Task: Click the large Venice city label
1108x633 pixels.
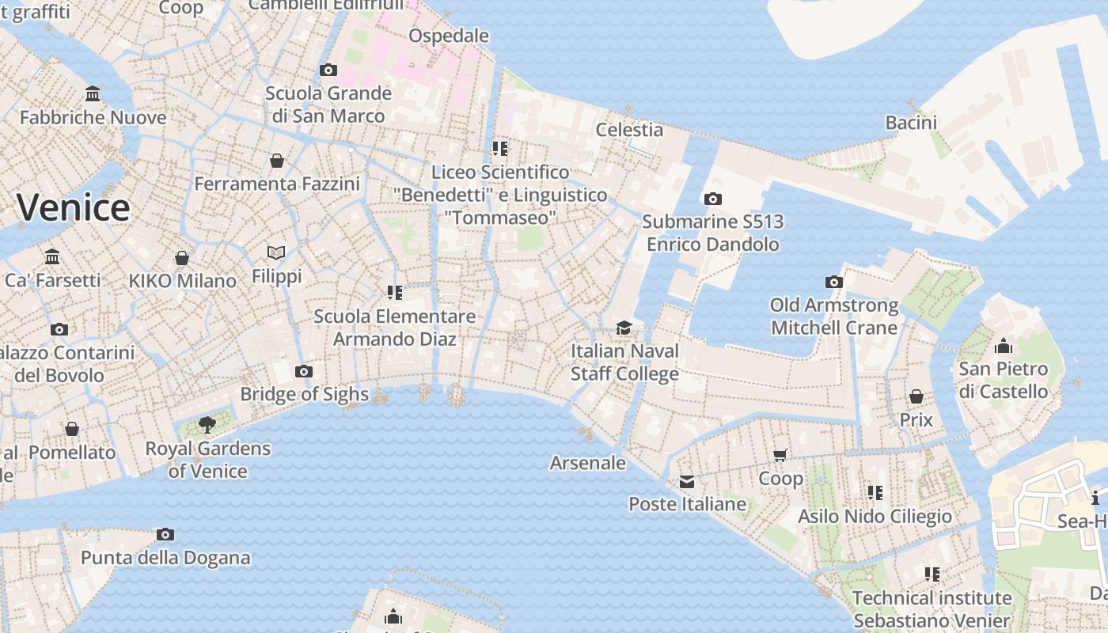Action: coord(73,207)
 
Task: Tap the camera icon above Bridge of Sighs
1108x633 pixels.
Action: coord(303,371)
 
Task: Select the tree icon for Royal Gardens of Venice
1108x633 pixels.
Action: coord(207,425)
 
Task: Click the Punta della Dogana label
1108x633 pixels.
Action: coord(165,557)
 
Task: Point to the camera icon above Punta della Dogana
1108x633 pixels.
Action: coord(165,534)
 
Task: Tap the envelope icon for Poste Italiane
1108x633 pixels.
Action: coord(687,481)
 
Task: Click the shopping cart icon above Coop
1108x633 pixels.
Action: coord(780,455)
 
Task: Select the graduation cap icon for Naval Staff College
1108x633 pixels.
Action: coord(624,328)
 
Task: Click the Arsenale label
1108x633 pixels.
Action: coord(588,463)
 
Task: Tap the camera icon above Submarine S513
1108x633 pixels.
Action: coord(713,199)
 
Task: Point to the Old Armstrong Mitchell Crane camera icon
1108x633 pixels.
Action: coord(833,282)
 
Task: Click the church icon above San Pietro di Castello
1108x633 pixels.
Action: coord(1004,346)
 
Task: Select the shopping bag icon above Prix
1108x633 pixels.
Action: coord(916,396)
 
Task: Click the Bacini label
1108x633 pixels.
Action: coord(911,123)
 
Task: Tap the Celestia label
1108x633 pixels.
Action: coord(629,129)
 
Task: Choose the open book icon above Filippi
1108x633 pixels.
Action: coord(276,253)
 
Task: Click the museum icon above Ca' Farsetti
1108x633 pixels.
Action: coord(53,257)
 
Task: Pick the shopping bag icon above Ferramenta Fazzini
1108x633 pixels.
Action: coord(277,161)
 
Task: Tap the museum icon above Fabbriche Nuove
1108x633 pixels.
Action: coord(93,94)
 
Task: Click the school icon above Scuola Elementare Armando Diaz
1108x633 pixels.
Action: coord(395,293)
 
